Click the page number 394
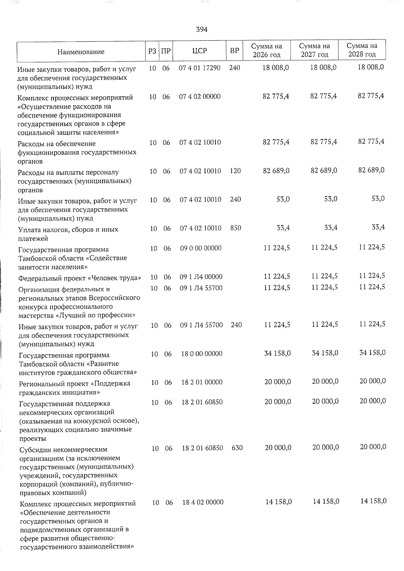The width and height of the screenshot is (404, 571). coord(202,30)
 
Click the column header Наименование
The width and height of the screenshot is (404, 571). coord(81,52)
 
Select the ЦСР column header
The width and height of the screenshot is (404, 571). coord(200,51)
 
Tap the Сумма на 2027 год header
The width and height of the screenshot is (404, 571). coord(314,50)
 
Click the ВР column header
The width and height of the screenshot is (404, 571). coord(234,51)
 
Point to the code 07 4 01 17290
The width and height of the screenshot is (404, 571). coord(200,68)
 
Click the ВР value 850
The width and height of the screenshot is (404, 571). coord(236,228)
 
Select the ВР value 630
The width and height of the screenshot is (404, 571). coord(237,448)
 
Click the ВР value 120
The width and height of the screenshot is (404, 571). coord(235,171)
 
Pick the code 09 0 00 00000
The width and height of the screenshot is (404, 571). coord(201,248)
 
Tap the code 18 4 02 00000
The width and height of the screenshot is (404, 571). coord(203,502)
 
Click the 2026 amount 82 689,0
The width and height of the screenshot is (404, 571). coord(276,171)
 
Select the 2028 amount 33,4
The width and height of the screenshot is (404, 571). coord(378,227)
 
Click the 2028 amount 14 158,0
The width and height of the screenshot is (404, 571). coord(373,501)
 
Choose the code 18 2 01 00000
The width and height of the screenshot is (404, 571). coord(202,382)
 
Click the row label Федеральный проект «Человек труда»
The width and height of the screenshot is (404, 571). coord(80,278)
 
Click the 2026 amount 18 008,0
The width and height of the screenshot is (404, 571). coord(276,68)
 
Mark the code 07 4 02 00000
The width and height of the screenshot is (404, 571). coord(200,97)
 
